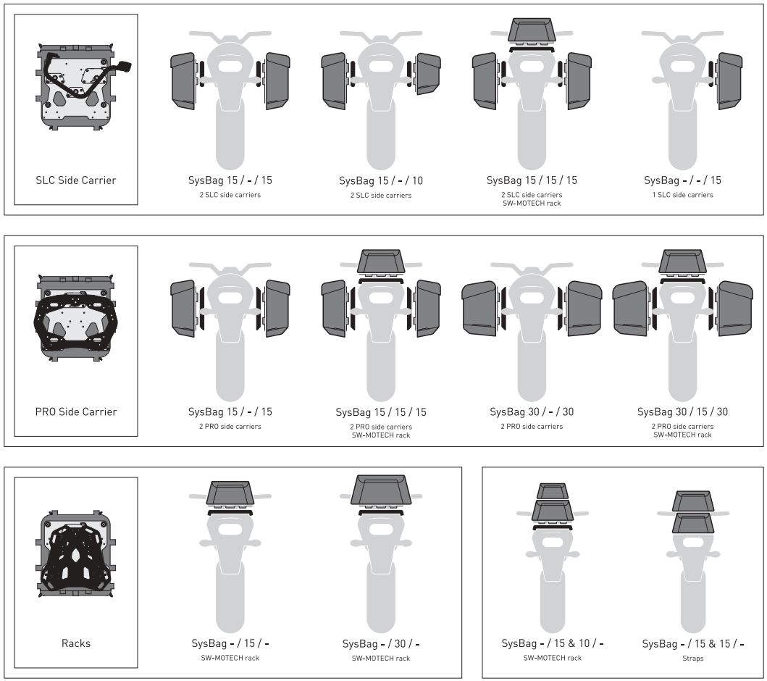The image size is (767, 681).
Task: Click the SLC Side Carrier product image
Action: (75, 91)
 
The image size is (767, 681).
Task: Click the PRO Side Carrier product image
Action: (75, 319)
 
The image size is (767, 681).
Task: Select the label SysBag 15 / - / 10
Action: (381, 180)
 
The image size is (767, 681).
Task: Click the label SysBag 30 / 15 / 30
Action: (682, 411)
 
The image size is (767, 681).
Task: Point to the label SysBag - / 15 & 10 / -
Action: (552, 643)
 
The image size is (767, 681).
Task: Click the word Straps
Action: (692, 659)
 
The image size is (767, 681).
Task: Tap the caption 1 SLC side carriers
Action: (682, 195)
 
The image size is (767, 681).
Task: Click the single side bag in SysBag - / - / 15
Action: (729, 80)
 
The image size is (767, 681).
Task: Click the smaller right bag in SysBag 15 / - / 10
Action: (427, 75)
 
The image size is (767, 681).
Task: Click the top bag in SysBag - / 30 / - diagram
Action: (381, 490)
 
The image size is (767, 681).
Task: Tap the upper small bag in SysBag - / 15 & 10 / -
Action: (552, 490)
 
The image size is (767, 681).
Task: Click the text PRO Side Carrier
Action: (75, 411)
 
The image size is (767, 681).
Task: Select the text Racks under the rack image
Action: (75, 643)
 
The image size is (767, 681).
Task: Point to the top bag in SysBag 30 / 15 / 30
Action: (682, 261)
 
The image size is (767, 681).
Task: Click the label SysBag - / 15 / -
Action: (230, 643)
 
